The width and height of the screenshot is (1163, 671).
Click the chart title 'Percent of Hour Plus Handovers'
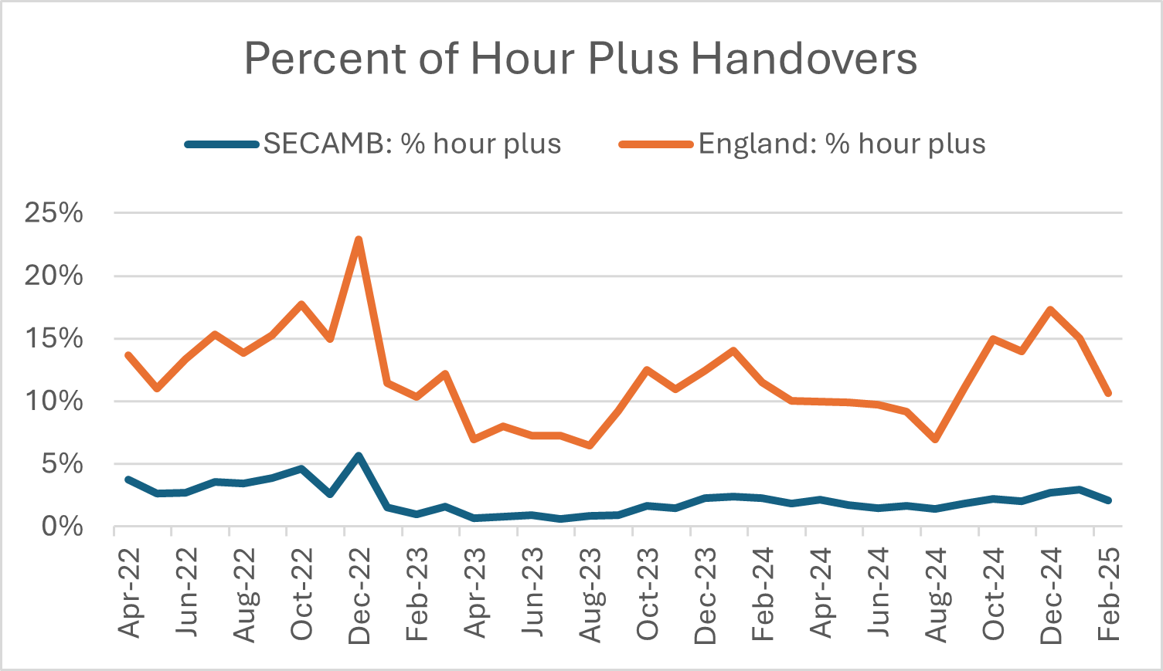pos(580,59)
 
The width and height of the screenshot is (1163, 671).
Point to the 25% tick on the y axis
pos(53,213)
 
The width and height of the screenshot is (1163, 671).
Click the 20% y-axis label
pos(53,276)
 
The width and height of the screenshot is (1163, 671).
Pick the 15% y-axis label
pos(53,338)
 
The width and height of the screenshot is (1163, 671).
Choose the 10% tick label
pos(53,402)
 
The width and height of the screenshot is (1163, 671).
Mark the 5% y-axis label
pos(61,464)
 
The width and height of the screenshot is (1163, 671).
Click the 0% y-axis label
pos(61,527)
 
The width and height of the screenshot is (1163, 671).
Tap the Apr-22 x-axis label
pos(130,593)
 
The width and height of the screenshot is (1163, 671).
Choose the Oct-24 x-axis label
pos(994,594)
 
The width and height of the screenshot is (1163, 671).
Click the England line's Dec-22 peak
pos(359,239)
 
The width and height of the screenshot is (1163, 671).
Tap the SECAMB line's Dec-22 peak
pos(359,456)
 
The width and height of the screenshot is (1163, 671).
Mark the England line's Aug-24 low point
pos(936,439)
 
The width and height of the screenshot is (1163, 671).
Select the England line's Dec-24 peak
pos(1051,310)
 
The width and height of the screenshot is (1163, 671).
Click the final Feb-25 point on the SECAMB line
pos(1108,500)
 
